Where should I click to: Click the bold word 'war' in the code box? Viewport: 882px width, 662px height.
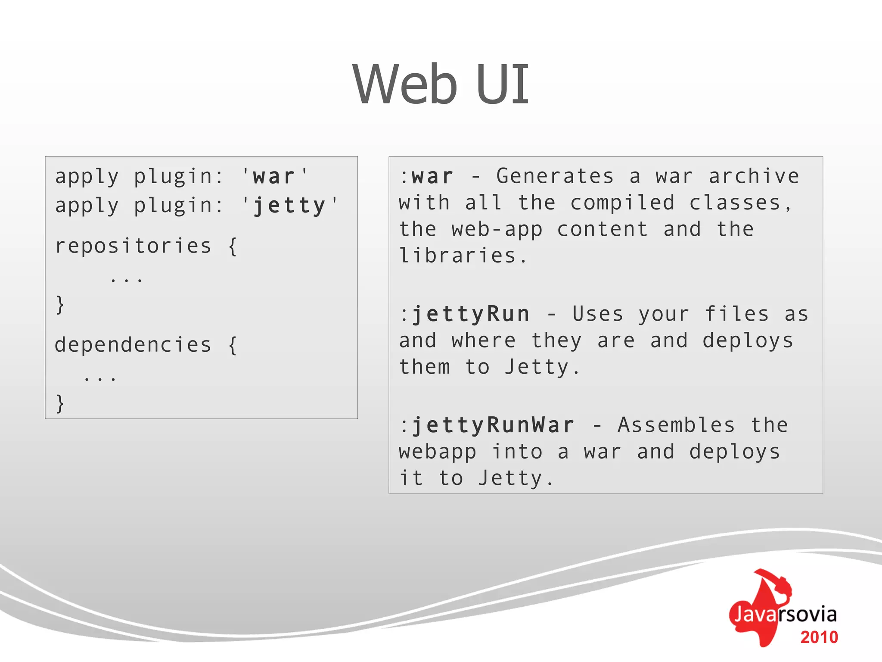(x=274, y=177)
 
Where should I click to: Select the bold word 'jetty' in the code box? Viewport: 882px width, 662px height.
(x=289, y=206)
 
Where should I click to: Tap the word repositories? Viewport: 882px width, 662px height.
(x=133, y=246)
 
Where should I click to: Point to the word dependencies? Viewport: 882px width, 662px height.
(x=133, y=345)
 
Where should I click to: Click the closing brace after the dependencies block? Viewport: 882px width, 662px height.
(x=60, y=403)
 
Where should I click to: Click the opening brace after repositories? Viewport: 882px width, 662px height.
(x=233, y=247)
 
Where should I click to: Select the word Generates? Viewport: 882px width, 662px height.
(x=555, y=176)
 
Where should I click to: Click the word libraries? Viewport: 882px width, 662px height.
(x=457, y=256)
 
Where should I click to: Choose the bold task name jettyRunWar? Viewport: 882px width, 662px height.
(x=493, y=425)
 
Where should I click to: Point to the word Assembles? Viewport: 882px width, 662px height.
(x=676, y=425)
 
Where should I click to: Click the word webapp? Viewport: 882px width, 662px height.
(x=438, y=452)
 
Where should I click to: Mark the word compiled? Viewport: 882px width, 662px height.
(x=622, y=203)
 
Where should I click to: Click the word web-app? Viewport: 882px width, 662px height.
(x=497, y=229)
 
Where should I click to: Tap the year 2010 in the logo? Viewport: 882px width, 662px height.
(x=819, y=637)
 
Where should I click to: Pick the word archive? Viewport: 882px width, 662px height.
(x=754, y=176)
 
